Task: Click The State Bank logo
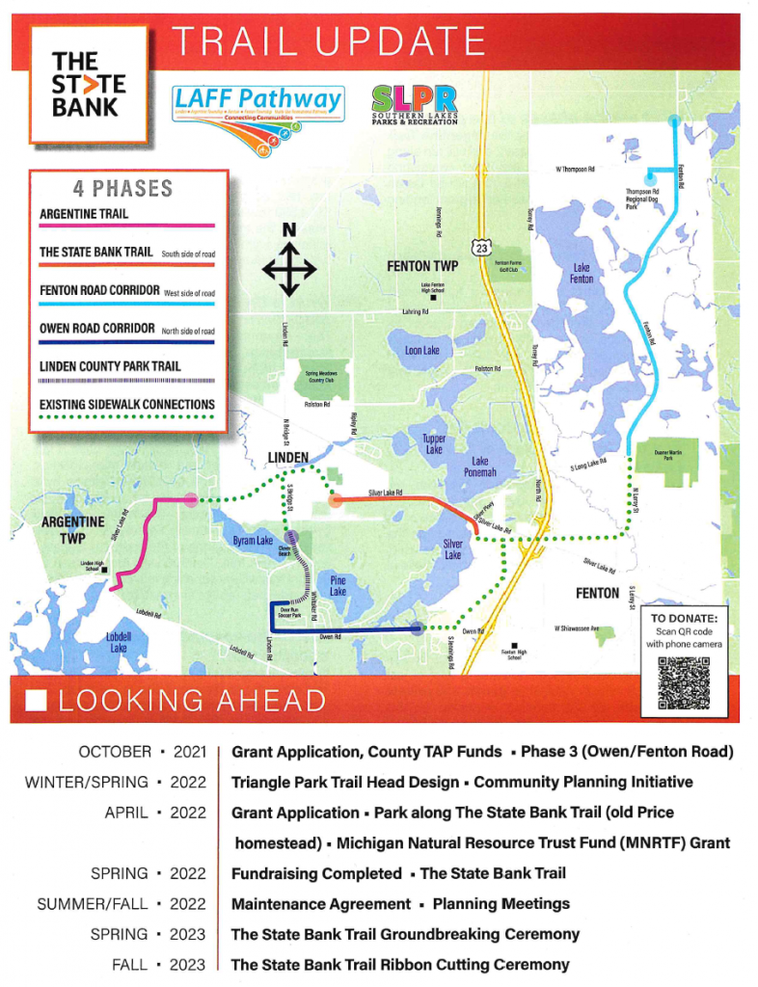pos(89,85)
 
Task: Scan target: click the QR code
pos(683,681)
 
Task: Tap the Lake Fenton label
pos(582,272)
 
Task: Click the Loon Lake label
pos(421,350)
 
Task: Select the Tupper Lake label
pos(434,443)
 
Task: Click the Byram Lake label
pos(254,542)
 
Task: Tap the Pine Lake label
pos(338,585)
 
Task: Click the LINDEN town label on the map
pos(286,457)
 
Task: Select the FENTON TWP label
pos(422,265)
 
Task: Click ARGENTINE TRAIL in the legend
pos(84,213)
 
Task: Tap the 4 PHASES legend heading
pos(122,188)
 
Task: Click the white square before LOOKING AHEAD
pos(37,700)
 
